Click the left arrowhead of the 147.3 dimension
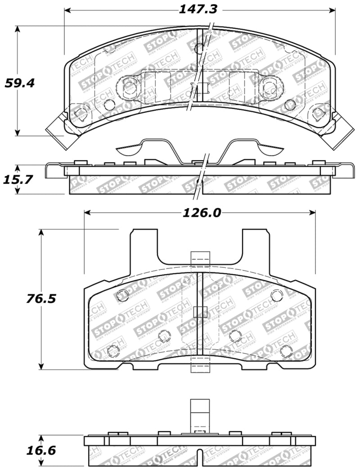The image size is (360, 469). point(67,10)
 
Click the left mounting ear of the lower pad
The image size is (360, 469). point(144,245)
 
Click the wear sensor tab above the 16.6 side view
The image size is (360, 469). point(200,416)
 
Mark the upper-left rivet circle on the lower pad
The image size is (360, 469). point(122,295)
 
